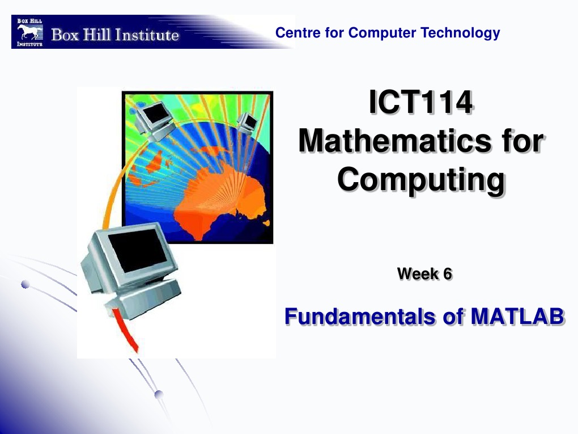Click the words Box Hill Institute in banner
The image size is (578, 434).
click(x=115, y=36)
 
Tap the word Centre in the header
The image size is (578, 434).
click(x=294, y=33)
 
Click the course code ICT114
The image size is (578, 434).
click(x=420, y=104)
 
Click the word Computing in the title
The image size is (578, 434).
click(x=420, y=179)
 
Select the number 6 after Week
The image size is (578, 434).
click(x=447, y=274)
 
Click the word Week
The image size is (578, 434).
click(x=418, y=274)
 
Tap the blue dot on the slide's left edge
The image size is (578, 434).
click(x=24, y=285)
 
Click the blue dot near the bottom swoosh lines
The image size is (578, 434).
click(x=159, y=394)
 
